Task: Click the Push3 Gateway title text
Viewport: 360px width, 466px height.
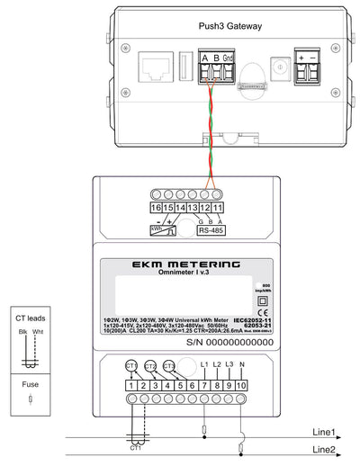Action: pyautogui.click(x=229, y=27)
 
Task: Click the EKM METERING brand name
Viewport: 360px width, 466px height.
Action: pyautogui.click(x=170, y=265)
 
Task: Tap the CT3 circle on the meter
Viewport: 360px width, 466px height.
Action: pyautogui.click(x=170, y=367)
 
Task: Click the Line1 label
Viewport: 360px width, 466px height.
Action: pyautogui.click(x=323, y=432)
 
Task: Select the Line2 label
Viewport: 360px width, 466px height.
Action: pyautogui.click(x=323, y=449)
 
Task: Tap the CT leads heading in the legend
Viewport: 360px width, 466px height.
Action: pyautogui.click(x=31, y=318)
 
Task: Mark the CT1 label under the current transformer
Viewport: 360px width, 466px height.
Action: pyautogui.click(x=137, y=447)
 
